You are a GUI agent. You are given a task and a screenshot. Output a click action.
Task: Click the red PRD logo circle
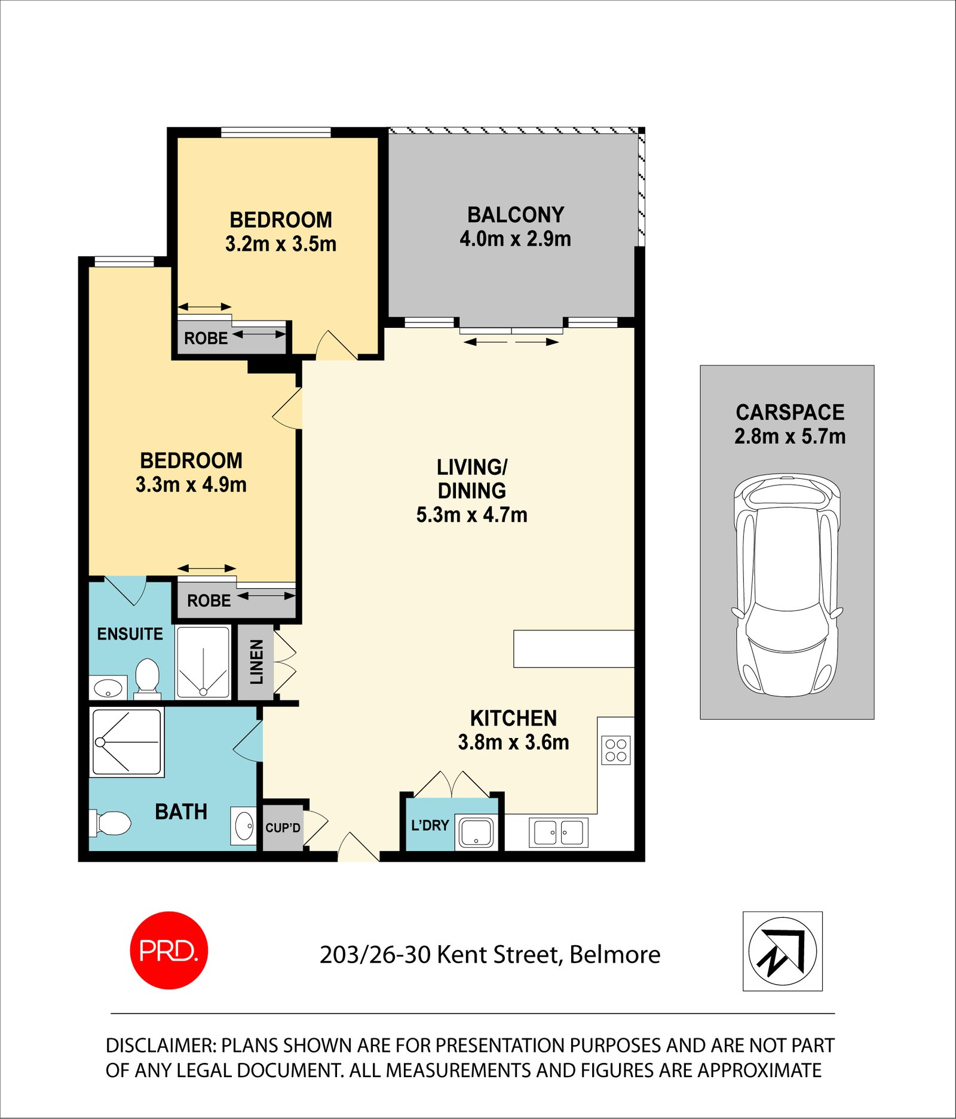[169, 950]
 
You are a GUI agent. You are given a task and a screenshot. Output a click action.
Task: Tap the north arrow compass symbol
[782, 951]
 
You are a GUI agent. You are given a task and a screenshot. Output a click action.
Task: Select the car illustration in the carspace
[787, 585]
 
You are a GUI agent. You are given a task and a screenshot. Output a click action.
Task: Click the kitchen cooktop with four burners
[616, 750]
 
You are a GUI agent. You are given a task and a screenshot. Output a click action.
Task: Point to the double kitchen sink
[558, 832]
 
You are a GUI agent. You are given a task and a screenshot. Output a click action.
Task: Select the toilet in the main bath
[111, 823]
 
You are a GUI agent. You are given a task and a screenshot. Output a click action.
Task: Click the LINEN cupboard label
[256, 662]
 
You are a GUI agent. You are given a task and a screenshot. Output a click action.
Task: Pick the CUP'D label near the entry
[283, 828]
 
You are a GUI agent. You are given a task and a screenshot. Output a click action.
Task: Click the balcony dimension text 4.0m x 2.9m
[515, 239]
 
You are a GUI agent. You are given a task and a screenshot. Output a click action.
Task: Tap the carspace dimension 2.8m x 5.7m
[789, 436]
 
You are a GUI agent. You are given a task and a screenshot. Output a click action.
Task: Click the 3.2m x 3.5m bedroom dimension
[280, 244]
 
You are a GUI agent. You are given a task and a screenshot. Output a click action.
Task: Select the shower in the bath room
[127, 742]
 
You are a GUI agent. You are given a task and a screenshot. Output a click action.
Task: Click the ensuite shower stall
[203, 662]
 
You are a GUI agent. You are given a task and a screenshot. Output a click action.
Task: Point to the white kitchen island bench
[573, 648]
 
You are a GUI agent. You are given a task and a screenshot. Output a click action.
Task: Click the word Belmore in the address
[615, 955]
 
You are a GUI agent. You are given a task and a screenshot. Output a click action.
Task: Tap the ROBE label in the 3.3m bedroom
[209, 601]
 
